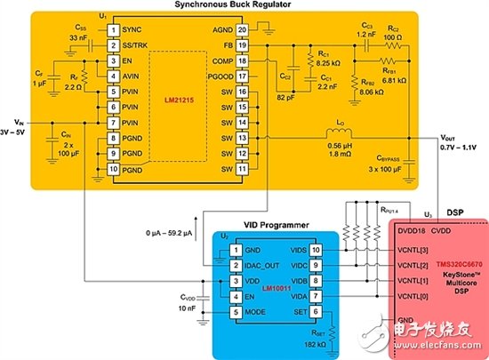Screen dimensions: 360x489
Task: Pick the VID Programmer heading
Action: tap(263, 219)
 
